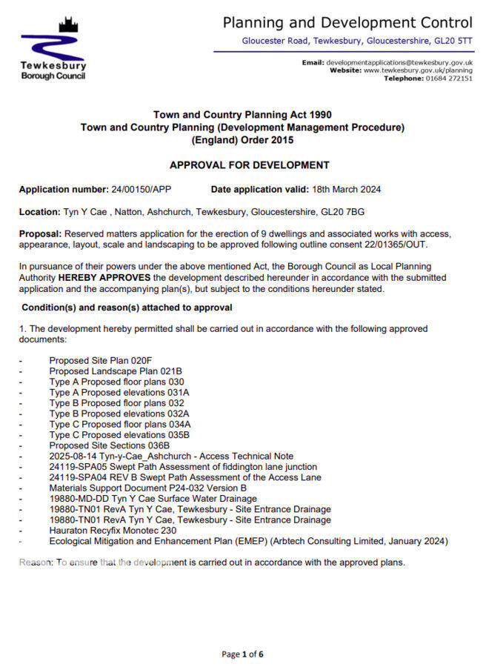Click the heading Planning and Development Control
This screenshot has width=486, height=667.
pyautogui.click(x=347, y=22)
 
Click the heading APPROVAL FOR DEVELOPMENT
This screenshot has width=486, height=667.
pyautogui.click(x=250, y=165)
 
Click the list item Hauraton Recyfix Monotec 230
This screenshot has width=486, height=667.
pyautogui.click(x=113, y=531)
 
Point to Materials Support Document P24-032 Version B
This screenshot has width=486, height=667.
pyautogui.click(x=148, y=488)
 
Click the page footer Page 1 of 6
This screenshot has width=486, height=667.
pyautogui.click(x=242, y=654)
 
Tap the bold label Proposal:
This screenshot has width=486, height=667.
pyautogui.click(x=40, y=234)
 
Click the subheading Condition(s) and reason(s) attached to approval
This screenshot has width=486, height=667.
pyautogui.click(x=127, y=308)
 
